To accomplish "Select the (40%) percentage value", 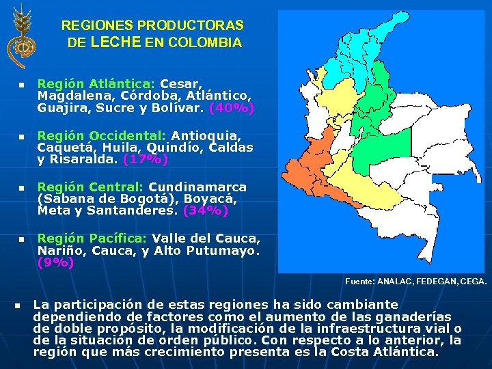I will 232,108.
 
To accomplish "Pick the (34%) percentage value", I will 206,211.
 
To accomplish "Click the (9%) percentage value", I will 55,262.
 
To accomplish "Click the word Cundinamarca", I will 197,187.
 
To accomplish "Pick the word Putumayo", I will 222,250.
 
